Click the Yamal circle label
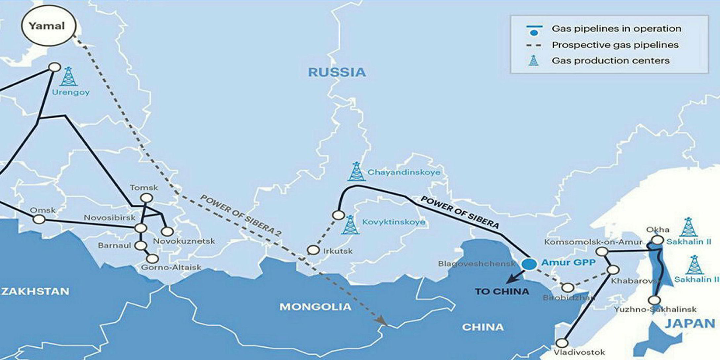tap(48, 26)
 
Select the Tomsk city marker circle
tap(146, 198)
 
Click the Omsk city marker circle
tap(39, 219)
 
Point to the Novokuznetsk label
tap(184, 241)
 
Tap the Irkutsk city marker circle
tap(313, 250)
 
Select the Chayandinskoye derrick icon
tap(356, 172)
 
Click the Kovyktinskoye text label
tap(394, 222)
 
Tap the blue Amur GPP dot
tap(529, 263)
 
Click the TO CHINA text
tap(502, 292)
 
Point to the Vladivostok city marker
tap(562, 342)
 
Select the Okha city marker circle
tap(657, 240)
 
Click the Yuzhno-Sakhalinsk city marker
tap(654, 300)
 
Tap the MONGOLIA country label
tap(315, 307)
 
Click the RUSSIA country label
tap(337, 72)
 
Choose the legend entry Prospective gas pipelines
tap(615, 45)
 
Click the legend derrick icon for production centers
tap(533, 61)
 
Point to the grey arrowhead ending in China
tap(382, 320)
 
